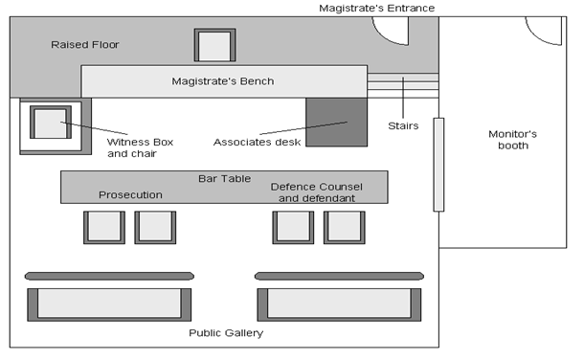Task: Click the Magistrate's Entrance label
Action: point(376,9)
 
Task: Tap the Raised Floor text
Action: point(85,45)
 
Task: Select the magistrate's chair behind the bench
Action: point(214,46)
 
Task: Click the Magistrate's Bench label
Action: point(222,81)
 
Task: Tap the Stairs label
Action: point(402,124)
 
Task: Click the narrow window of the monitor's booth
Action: point(438,164)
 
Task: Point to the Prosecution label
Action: point(130,195)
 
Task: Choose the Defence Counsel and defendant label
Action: point(313,192)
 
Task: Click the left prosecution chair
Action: point(103,228)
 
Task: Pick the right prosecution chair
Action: point(155,228)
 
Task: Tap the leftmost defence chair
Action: point(293,228)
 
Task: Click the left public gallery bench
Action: point(110,303)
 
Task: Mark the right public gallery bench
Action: point(340,303)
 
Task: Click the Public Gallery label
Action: point(225,333)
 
